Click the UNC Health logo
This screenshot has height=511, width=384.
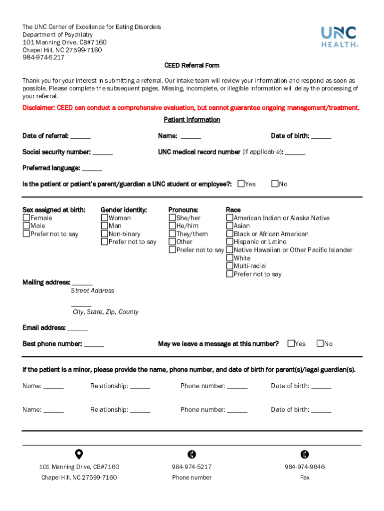pos(339,36)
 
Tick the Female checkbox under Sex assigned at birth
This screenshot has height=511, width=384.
pos(26,218)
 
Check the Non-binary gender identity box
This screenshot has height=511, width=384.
pos(104,234)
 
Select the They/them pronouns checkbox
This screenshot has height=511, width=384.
pos(172,234)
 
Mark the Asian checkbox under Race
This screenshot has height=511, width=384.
pos(229,226)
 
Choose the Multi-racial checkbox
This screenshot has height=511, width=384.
pos(229,266)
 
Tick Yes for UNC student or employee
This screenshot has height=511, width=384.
pos(241,184)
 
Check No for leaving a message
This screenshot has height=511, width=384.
pos(320,343)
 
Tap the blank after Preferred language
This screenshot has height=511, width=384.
pos(92,168)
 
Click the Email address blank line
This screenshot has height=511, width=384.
pos(77,328)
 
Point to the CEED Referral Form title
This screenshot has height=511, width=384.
pos(192,65)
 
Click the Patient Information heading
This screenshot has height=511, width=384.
pos(192,120)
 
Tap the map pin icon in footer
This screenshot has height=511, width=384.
pos(79,454)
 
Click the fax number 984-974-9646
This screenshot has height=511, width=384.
pos(305,467)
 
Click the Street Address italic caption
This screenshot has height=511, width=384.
pos(92,290)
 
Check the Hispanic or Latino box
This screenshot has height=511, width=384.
pos(229,242)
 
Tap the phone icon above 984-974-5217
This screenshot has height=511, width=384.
pos(192,454)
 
